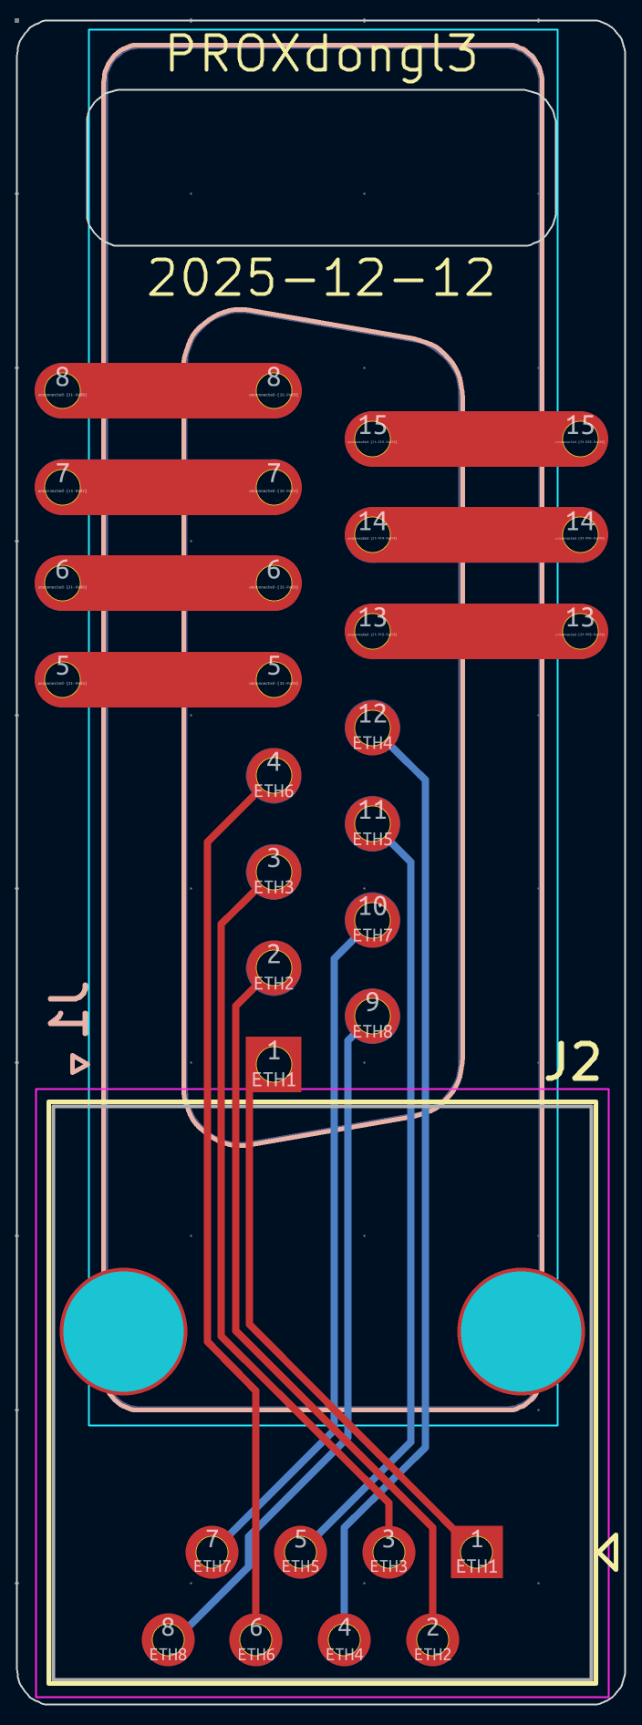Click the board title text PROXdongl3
pos(322,55)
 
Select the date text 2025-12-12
pos(321,278)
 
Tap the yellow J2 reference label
pos(574,1061)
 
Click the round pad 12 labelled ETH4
pos(372,728)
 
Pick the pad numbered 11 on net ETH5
pos(372,824)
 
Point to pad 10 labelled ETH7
pos(372,920)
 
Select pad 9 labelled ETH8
pos(372,1016)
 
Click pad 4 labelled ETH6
pos(274,776)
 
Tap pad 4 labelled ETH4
pos(344,1639)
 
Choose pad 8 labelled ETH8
pos(168,1639)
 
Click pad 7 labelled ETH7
pos(212,1552)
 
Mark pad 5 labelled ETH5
pos(300,1552)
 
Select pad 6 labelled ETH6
pos(256,1639)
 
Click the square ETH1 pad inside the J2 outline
pos(476,1552)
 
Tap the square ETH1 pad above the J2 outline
pos(274,1064)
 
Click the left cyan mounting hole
pos(124,1331)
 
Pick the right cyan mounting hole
pos(521,1331)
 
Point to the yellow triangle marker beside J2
pos(608,1552)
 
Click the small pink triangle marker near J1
pos(79,1064)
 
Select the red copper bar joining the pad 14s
pos(476,535)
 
